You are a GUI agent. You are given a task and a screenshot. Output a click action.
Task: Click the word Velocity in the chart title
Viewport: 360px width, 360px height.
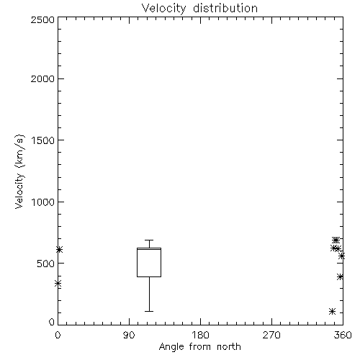click(x=164, y=9)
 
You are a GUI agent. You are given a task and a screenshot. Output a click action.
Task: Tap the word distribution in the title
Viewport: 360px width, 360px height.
click(x=225, y=8)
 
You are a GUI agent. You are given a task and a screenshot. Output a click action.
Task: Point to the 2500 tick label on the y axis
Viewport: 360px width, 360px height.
click(x=43, y=19)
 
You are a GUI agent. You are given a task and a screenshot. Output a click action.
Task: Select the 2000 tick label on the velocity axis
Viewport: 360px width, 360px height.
click(x=43, y=78)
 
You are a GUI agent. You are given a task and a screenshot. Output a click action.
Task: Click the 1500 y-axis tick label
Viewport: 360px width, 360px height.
click(x=43, y=140)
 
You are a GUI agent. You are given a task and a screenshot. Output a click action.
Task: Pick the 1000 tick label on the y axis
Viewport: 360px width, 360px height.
click(x=43, y=202)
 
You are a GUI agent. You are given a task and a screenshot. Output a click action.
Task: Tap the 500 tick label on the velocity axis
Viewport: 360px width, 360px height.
click(x=46, y=264)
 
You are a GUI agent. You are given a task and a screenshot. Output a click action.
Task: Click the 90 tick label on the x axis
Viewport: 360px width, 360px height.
click(x=129, y=335)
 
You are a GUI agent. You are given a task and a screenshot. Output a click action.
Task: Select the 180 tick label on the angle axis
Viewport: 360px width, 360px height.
click(x=200, y=335)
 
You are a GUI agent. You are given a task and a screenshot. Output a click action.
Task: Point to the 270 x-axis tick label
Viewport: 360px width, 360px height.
click(x=271, y=335)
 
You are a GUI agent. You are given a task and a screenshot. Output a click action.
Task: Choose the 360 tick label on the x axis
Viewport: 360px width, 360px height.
click(x=343, y=335)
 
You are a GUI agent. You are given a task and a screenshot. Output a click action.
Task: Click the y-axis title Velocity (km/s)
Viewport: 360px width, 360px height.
click(x=19, y=171)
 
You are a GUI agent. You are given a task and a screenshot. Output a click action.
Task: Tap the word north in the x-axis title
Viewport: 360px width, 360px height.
click(x=229, y=347)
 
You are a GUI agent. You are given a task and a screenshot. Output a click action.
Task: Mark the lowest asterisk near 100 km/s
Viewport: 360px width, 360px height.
click(x=332, y=312)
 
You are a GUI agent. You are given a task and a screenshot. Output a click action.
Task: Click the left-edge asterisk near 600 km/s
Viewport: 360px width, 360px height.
click(x=59, y=250)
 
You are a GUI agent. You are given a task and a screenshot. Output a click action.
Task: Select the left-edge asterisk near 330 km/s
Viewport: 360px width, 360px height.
click(x=58, y=284)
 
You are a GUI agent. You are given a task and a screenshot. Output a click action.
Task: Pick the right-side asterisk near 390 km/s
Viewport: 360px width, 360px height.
click(x=340, y=276)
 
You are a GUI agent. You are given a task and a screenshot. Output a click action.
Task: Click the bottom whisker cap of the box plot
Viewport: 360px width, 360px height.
click(x=149, y=311)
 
